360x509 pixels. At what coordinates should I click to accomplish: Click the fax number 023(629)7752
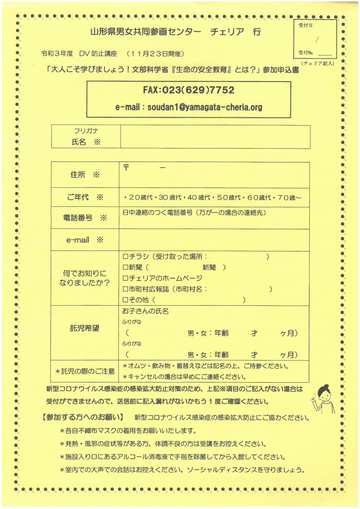pos(188,91)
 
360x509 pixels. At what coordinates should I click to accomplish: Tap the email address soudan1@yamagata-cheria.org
pos(188,107)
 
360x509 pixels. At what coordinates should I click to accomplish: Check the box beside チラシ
pos(125,256)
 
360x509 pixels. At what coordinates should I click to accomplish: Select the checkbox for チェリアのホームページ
pos(125,277)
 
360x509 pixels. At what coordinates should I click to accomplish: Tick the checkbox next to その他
pos(125,300)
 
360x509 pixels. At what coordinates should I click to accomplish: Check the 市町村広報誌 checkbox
pos(125,289)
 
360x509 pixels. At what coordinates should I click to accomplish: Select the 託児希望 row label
pos(85,329)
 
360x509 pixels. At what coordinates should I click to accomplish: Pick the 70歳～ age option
pos(288,197)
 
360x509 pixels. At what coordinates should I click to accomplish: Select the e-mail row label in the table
pos(80,240)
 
